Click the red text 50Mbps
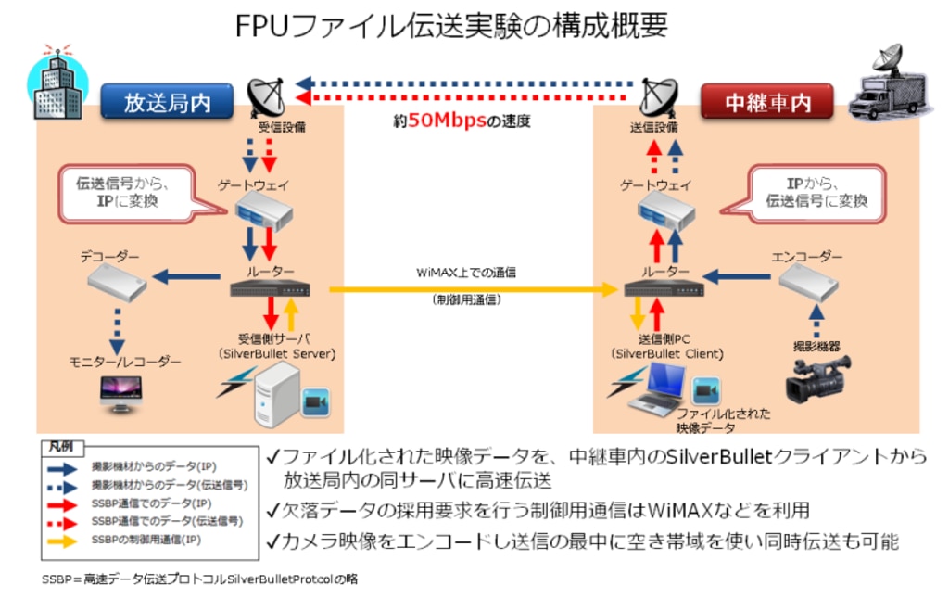pyautogui.click(x=448, y=121)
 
